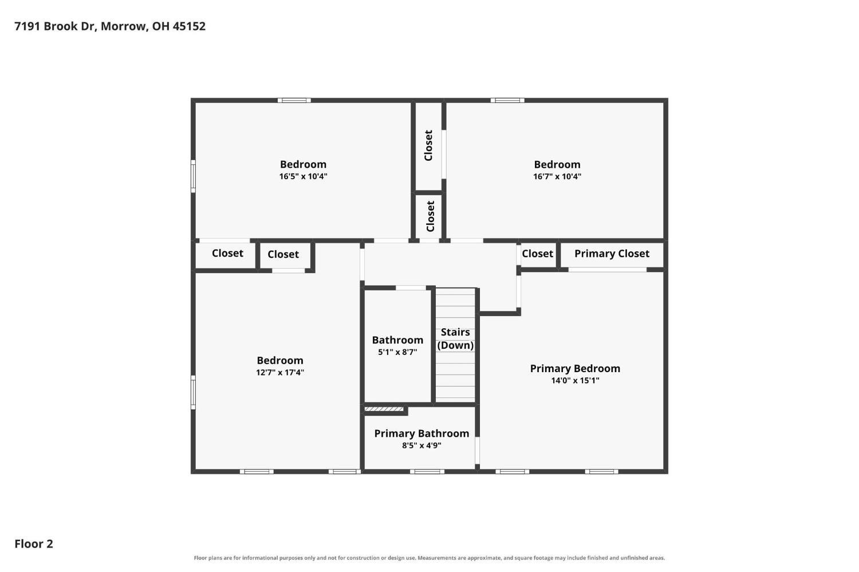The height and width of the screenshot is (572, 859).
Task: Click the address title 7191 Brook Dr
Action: [x=110, y=26]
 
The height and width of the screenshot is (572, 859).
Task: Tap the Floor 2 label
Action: [x=34, y=544]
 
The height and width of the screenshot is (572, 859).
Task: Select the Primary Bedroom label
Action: [x=575, y=368]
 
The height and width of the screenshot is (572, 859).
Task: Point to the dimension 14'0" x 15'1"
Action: [x=575, y=381]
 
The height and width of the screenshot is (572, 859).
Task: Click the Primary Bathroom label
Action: [x=421, y=433]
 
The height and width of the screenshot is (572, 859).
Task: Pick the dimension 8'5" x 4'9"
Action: [x=421, y=445]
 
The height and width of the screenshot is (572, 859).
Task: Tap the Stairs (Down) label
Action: [x=455, y=338]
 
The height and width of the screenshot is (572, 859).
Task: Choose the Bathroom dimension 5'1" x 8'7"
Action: [x=397, y=352]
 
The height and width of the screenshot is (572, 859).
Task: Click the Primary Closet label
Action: [x=612, y=254]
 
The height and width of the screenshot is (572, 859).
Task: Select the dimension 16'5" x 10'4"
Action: [x=303, y=176]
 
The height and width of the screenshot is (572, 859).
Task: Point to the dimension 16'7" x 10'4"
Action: [x=557, y=176]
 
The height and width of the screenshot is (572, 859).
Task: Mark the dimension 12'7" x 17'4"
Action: [x=280, y=372]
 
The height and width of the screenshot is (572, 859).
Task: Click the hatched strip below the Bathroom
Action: [x=384, y=409]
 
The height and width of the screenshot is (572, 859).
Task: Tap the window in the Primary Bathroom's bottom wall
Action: [x=427, y=472]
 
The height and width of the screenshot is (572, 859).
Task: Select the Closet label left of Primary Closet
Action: [x=537, y=254]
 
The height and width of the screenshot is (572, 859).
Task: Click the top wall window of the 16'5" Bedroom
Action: [x=294, y=100]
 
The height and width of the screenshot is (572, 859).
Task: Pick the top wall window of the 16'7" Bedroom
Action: [x=507, y=100]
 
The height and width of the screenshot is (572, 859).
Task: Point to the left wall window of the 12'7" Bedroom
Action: [x=194, y=392]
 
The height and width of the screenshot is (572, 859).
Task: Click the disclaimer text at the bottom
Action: [x=429, y=558]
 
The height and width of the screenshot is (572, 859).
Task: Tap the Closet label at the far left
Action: [x=227, y=254]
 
